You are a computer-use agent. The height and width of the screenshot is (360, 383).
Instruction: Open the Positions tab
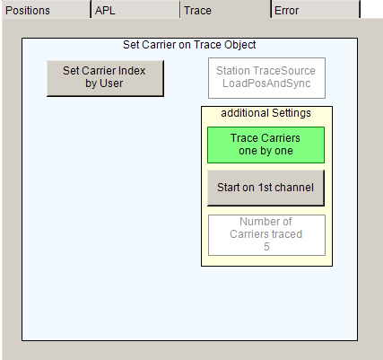[47, 9]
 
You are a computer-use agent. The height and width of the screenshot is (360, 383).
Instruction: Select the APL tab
[135, 9]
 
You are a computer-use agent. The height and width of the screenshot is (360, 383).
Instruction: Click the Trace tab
[226, 9]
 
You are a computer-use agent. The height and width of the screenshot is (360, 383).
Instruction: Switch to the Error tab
[316, 9]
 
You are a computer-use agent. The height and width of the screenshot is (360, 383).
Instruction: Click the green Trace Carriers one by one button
[265, 145]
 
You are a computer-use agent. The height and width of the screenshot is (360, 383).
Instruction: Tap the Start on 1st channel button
[265, 188]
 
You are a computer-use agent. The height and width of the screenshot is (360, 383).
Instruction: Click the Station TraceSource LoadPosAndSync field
[266, 78]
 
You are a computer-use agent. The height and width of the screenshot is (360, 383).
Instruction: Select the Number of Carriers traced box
[266, 235]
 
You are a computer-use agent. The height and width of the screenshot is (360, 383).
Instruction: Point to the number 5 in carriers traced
[266, 247]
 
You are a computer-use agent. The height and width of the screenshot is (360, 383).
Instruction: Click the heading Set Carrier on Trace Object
[189, 45]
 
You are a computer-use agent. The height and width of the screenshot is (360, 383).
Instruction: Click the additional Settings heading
[265, 113]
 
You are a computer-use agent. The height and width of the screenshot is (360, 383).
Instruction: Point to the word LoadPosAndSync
[266, 83]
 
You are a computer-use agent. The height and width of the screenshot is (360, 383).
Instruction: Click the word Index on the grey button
[132, 71]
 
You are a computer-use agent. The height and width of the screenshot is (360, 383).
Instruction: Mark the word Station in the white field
[233, 71]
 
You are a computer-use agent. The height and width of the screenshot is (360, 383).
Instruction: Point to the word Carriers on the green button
[282, 138]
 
